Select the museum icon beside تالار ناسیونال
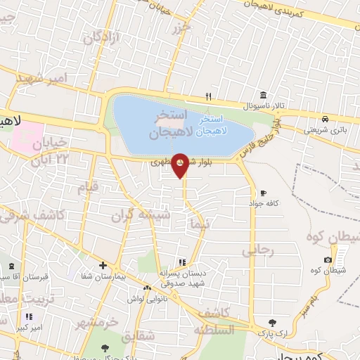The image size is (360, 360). point(263,96)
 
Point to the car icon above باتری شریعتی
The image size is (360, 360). point(326,119)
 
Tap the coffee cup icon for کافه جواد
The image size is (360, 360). point(263,192)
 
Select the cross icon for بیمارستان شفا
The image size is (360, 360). point(103,265)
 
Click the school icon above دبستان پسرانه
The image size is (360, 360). point(182,262)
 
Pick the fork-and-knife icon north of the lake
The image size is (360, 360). point(207,96)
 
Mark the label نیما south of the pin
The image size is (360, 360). point(200,224)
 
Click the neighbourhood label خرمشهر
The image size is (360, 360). point(96,323)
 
